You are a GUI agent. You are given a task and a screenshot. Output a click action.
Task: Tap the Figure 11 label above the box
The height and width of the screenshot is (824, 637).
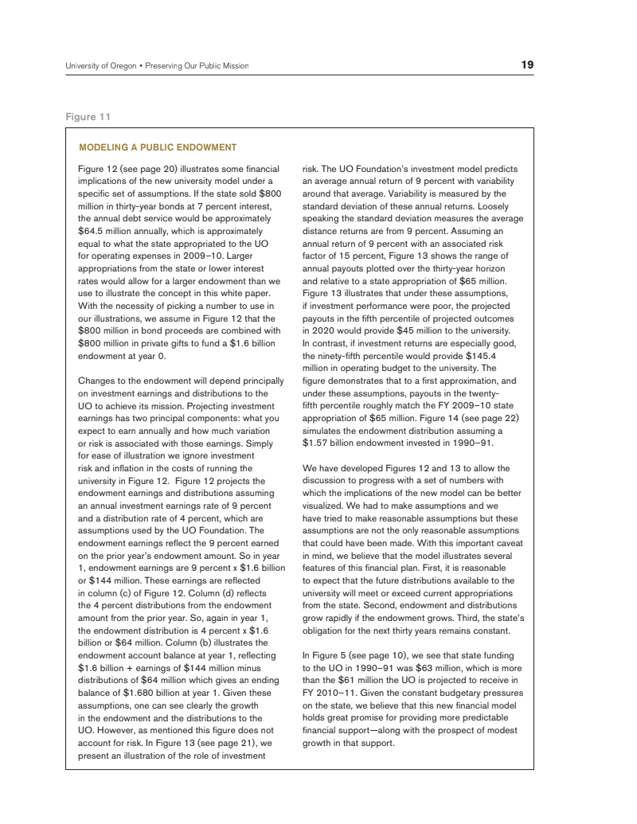pyautogui.click(x=88, y=117)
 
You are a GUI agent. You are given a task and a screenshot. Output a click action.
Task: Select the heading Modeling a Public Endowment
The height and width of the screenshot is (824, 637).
pyautogui.click(x=158, y=147)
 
